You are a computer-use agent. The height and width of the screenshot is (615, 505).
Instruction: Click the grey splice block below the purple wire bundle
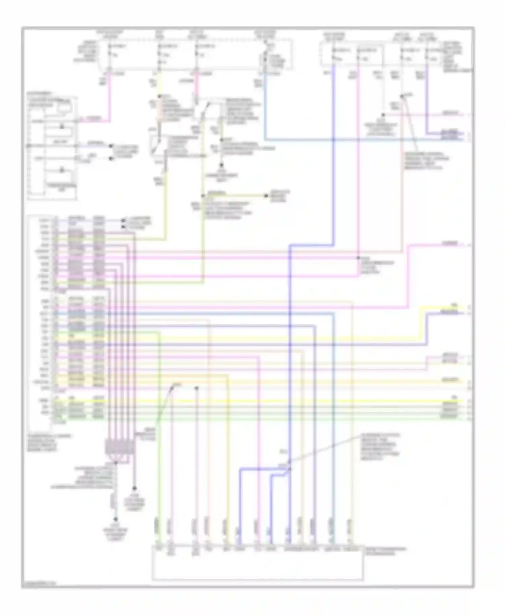tap(120, 447)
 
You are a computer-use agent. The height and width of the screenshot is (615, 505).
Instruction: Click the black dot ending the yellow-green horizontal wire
tap(266, 195)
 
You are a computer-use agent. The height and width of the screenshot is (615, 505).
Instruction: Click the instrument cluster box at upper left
tap(52, 148)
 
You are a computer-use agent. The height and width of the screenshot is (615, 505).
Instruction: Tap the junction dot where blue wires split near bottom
tap(289, 468)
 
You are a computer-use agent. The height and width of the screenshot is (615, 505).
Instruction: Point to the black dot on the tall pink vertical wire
tap(358, 258)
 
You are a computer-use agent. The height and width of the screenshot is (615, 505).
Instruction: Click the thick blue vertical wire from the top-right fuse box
tap(334, 151)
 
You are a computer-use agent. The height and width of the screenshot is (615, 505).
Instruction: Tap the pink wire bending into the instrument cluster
tap(101, 120)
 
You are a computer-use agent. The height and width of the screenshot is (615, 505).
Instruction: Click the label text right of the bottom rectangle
tap(385, 551)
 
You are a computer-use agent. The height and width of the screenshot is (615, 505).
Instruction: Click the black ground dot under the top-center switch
tap(221, 165)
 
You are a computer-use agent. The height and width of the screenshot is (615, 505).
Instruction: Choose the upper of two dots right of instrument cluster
tap(111, 146)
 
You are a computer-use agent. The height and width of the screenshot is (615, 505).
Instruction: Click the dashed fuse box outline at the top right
tap(394, 54)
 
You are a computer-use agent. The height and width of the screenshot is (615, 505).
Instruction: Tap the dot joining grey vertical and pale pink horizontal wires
tap(383, 115)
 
